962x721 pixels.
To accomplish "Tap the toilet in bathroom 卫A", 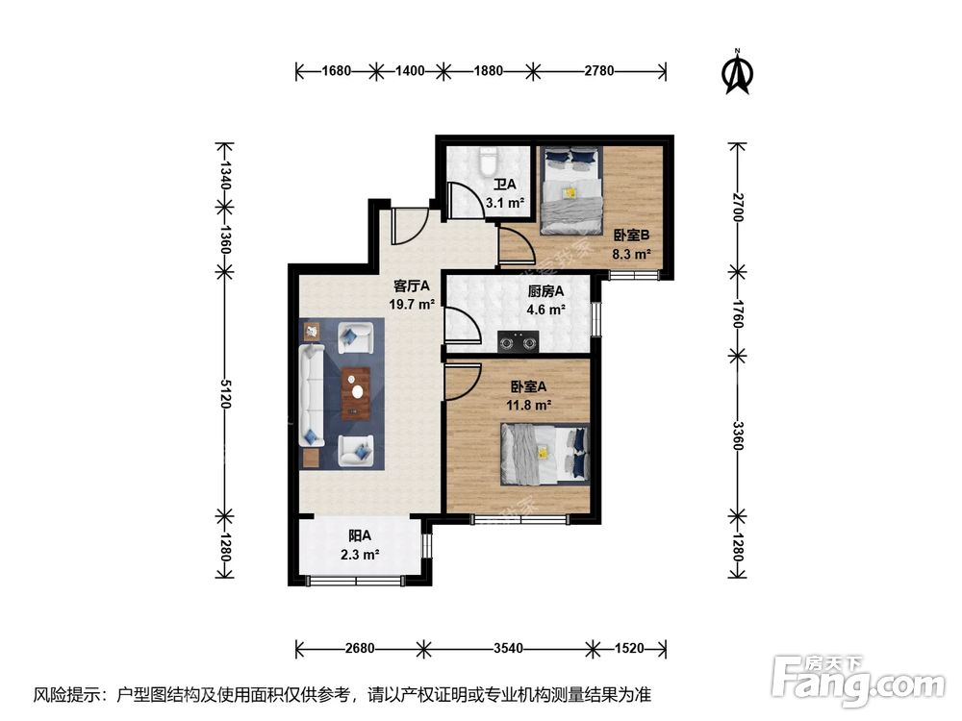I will [488, 161].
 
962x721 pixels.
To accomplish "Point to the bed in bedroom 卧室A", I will [543, 453].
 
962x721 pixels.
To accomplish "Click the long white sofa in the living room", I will [314, 395].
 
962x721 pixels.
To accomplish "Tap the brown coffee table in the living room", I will [356, 393].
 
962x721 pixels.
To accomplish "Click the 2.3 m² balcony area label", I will [359, 554].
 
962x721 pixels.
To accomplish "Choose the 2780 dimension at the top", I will [598, 70].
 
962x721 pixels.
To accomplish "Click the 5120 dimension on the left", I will [224, 391].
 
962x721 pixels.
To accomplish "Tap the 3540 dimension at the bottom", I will [508, 648].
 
